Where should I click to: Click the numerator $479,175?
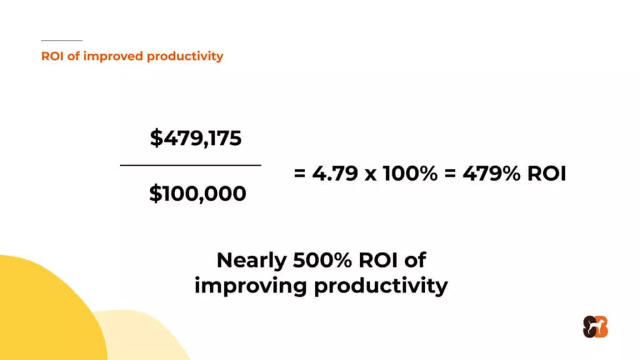tap(196, 138)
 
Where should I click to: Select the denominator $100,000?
tap(197, 194)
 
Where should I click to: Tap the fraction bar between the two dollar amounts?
tap(191, 165)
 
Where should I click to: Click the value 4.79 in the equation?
tap(335, 173)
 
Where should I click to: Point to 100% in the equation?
tap(410, 173)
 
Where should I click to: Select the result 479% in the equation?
tap(491, 173)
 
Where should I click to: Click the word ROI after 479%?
tap(547, 173)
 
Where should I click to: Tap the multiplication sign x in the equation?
tap(371, 175)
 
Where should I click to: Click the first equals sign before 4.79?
tap(299, 174)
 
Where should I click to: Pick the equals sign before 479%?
tap(450, 174)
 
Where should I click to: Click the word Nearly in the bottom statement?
tap(251, 261)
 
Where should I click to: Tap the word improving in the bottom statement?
tap(250, 286)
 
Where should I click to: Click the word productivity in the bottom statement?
tap(381, 286)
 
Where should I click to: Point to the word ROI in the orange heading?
tap(52, 56)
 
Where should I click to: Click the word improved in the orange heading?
tap(112, 56)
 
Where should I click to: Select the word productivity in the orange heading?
tap(185, 56)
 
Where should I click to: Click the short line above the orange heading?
tap(62, 41)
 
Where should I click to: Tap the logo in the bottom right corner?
tap(595, 327)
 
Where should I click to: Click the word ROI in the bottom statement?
tap(378, 260)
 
